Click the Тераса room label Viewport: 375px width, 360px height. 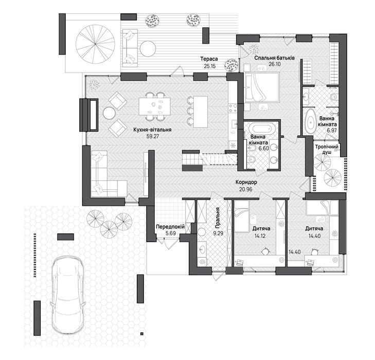(209, 59)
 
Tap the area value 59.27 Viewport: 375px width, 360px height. (153, 136)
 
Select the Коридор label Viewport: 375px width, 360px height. (246, 182)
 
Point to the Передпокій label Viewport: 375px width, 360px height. (170, 227)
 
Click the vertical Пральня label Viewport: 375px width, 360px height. (218, 218)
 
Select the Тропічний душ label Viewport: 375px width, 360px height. (327, 149)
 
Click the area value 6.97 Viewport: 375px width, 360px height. (332, 131)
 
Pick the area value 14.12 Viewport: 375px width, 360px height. (260, 236)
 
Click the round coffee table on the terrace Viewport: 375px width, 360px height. (148, 49)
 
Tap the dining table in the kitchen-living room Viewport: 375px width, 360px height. (154, 106)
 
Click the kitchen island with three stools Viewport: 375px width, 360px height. (201, 112)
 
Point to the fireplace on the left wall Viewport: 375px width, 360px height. (88, 115)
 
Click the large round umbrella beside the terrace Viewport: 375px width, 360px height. (95, 44)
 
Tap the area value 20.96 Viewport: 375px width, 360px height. (245, 189)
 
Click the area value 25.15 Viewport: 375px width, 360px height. (210, 66)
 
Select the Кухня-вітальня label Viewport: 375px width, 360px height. (153, 130)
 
